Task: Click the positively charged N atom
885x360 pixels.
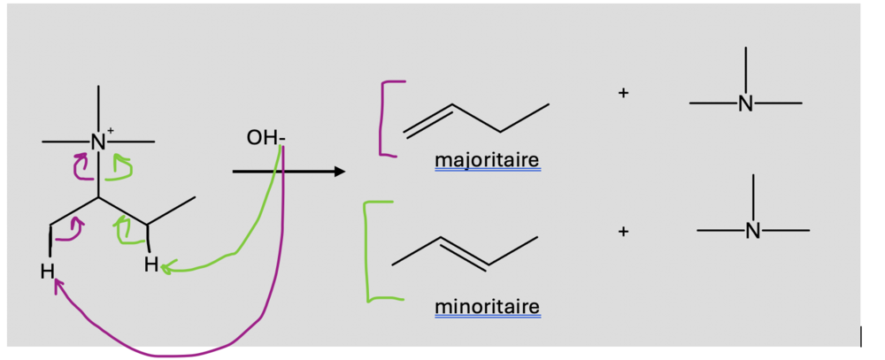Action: tap(97, 142)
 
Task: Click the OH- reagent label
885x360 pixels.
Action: tap(267, 139)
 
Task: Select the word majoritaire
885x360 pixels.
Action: tap(488, 161)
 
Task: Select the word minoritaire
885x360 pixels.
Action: tap(488, 308)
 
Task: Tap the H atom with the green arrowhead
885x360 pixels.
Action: tap(152, 264)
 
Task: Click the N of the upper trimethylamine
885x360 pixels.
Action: tap(745, 104)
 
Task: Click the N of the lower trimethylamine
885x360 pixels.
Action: tap(752, 231)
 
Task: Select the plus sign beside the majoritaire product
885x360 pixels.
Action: tap(623, 92)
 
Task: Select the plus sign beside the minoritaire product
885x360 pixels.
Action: tap(623, 231)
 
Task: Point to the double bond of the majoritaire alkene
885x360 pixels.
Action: tap(428, 121)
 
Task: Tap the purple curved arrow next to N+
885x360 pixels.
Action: tap(81, 165)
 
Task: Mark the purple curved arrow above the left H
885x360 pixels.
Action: tap(72, 230)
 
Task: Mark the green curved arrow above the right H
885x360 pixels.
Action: tap(124, 232)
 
